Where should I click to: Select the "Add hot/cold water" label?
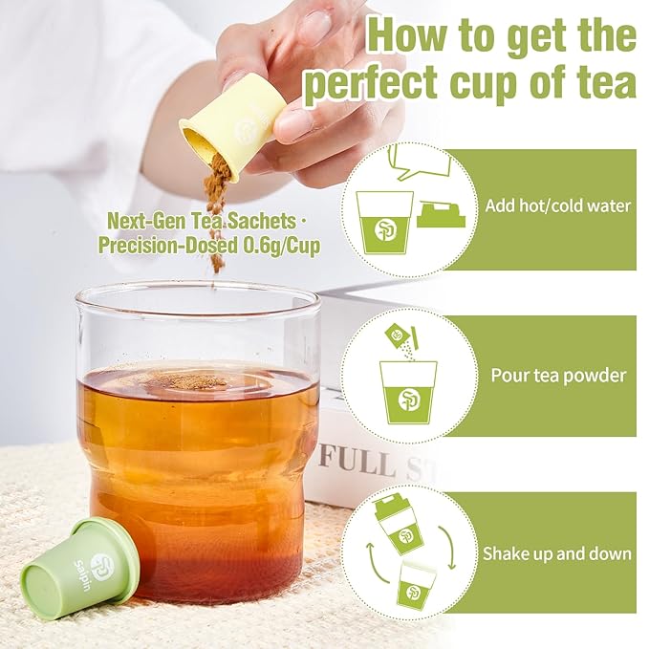tap(558, 206)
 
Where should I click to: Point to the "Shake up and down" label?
tap(556, 552)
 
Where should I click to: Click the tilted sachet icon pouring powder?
tap(396, 335)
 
